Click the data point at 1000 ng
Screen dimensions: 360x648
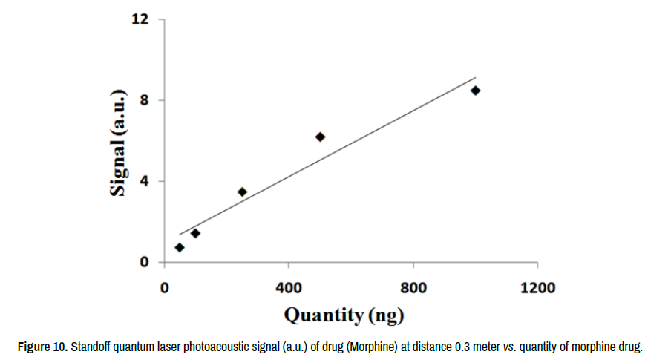click(475, 91)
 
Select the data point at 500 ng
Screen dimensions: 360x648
click(320, 137)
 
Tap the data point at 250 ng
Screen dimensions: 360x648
click(242, 192)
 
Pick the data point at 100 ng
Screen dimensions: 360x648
click(195, 233)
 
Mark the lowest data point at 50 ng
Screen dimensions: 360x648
click(180, 247)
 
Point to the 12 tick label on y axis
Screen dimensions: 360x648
click(137, 19)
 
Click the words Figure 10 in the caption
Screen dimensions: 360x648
click(43, 347)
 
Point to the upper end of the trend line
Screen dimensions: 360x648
click(476, 76)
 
